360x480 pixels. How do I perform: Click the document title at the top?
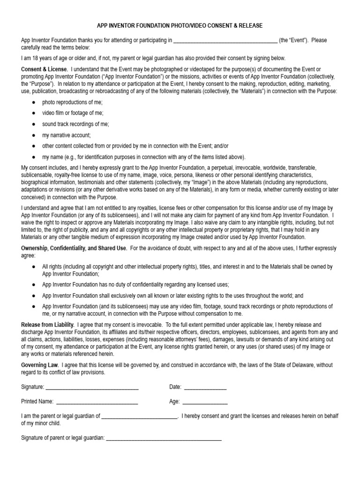tap(180, 25)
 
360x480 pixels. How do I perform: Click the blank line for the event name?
tap(225, 41)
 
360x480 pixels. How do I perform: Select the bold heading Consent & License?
tap(45, 69)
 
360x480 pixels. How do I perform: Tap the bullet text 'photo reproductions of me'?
tap(72, 102)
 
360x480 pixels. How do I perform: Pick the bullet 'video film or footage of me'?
tap(73, 113)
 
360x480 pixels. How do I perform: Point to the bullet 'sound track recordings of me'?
tap(75, 124)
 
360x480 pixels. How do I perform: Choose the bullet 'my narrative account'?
tap(66, 135)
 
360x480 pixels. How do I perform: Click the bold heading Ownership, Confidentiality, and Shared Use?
tap(74, 248)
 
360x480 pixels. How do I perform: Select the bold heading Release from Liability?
tap(47, 324)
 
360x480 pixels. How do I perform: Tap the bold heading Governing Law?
tap(40, 365)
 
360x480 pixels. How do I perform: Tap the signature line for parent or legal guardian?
tap(164, 439)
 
